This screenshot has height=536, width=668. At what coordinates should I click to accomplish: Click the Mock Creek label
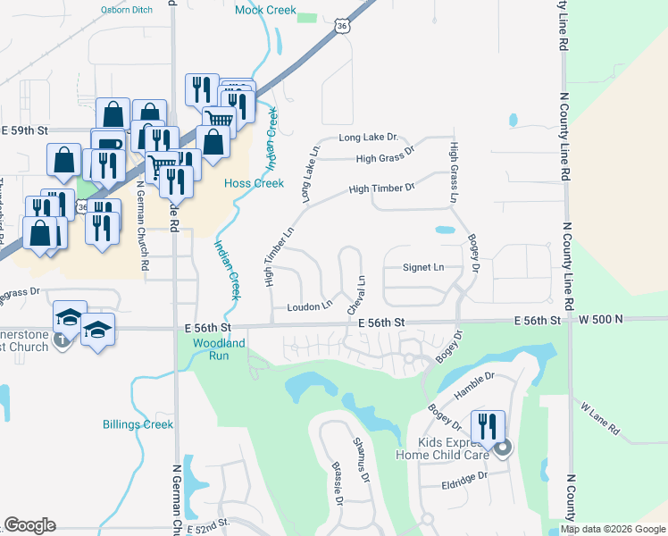click(x=264, y=11)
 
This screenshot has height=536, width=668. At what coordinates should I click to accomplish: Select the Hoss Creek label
click(x=254, y=183)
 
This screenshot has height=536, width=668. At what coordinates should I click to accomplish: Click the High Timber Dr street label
click(x=381, y=188)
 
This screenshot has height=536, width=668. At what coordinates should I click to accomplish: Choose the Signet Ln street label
click(x=423, y=267)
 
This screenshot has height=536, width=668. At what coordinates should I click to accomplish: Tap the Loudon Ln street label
click(x=309, y=306)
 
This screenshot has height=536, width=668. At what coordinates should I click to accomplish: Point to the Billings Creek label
click(x=138, y=424)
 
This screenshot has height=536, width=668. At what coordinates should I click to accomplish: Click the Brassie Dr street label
click(x=338, y=482)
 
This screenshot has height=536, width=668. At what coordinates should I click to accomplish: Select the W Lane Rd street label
click(x=599, y=418)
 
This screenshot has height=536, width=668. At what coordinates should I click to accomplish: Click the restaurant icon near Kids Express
click(x=488, y=425)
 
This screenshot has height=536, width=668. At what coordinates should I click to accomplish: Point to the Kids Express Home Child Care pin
click(x=503, y=449)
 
